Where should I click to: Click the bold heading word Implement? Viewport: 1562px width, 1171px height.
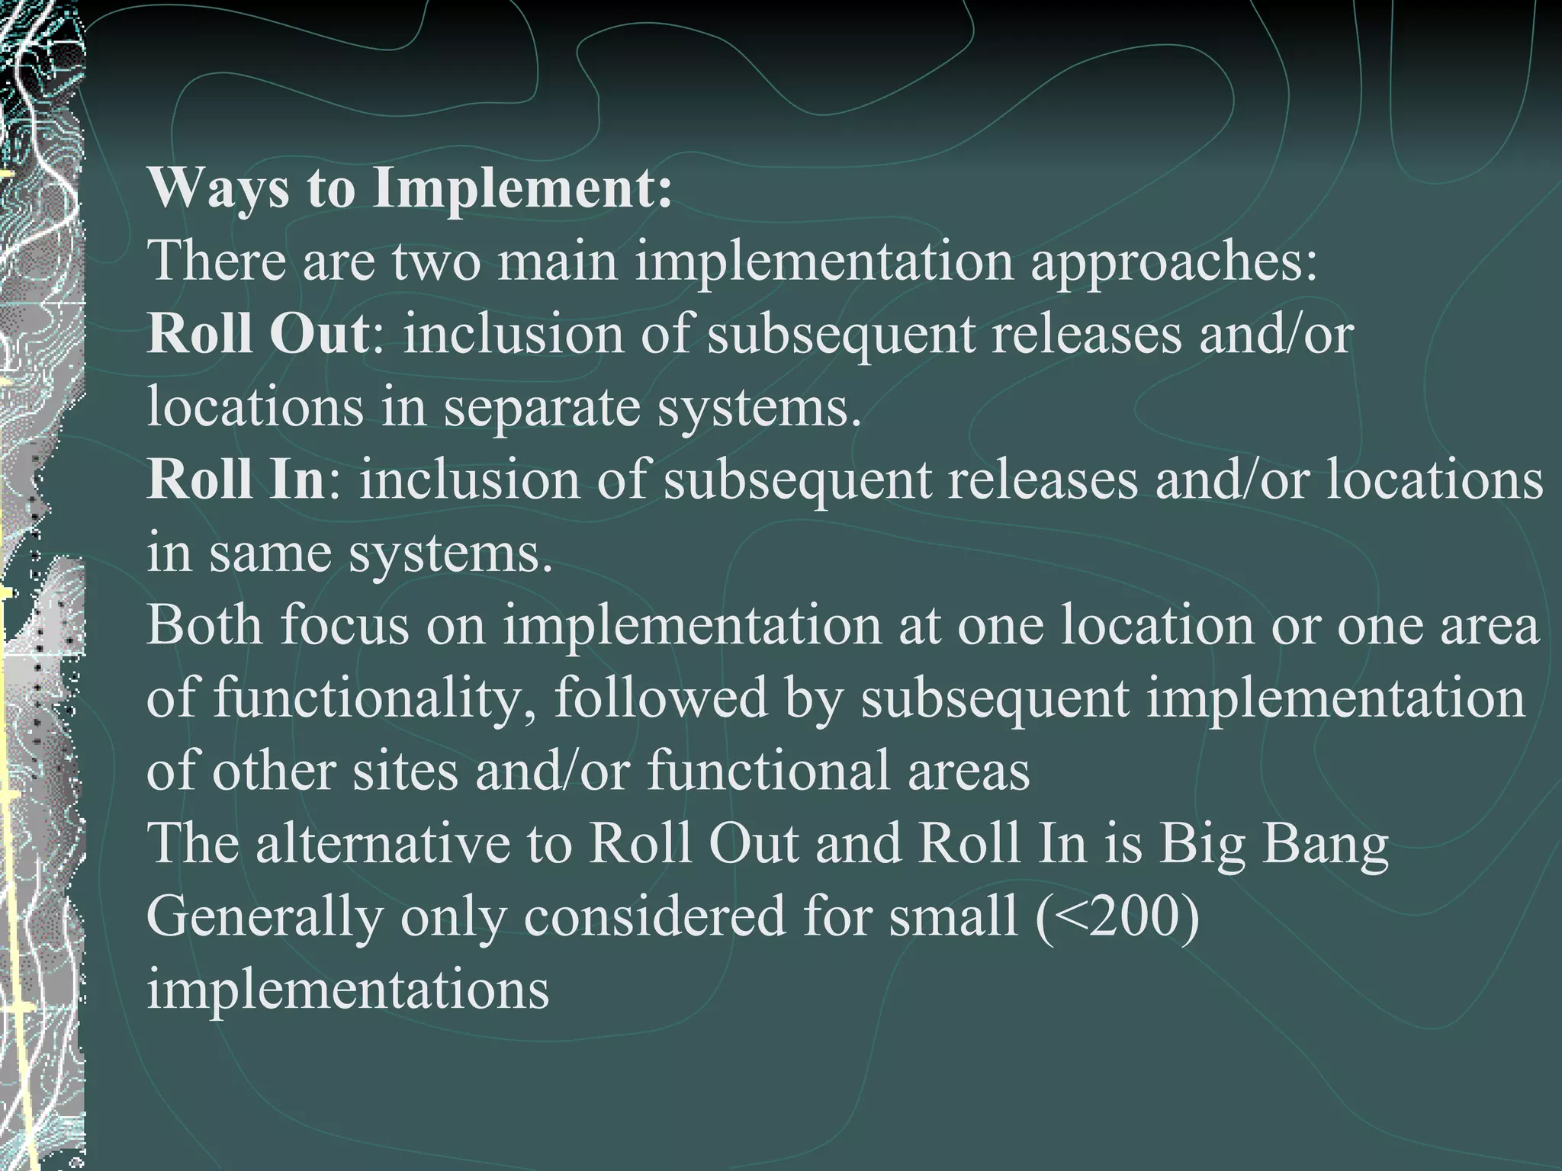tap(522, 189)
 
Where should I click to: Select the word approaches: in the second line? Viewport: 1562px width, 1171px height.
tap(1174, 261)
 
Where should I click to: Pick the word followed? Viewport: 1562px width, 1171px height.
tap(660, 698)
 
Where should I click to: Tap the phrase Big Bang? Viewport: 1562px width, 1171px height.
tap(1274, 842)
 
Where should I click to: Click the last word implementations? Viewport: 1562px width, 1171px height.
tap(348, 989)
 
